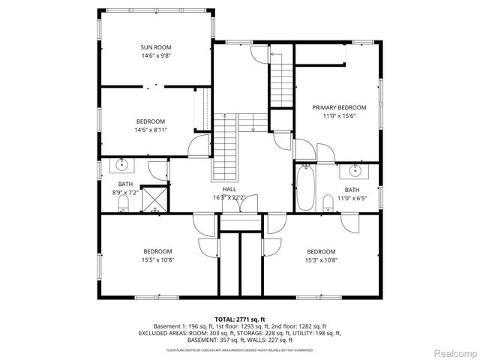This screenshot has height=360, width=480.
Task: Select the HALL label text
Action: (x=229, y=189)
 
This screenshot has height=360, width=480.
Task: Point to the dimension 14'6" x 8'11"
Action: (x=151, y=130)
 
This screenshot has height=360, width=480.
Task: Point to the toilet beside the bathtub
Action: (x=328, y=202)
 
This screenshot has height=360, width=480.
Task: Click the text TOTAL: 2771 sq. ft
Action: (x=239, y=319)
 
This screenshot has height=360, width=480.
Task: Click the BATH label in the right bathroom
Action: (x=352, y=190)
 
